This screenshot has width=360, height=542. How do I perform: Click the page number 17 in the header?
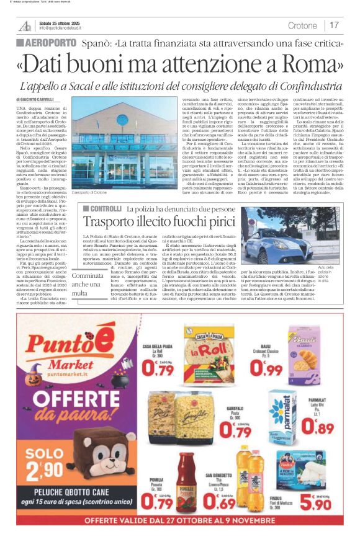(x=335, y=25)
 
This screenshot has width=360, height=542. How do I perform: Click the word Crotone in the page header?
(x=302, y=25)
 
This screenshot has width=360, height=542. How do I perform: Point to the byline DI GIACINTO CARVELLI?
(x=37, y=99)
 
